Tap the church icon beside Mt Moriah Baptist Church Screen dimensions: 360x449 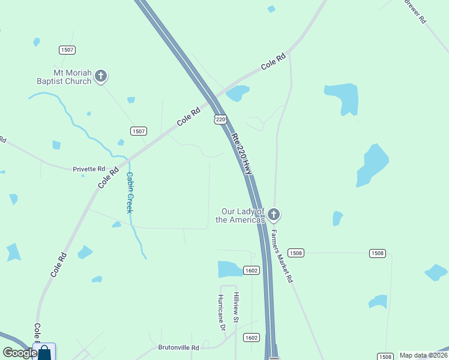101,76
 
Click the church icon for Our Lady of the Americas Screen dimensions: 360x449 274,214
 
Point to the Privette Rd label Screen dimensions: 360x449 89,169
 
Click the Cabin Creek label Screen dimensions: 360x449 129,193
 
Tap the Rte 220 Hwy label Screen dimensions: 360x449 242,154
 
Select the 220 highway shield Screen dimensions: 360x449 220,119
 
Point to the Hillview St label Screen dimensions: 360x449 237,304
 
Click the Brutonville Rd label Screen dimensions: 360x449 178,347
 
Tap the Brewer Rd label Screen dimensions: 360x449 415,11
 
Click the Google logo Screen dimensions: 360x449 20,353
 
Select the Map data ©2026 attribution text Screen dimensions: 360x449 423,355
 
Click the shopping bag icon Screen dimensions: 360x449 44,352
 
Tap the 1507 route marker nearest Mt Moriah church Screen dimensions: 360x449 67,49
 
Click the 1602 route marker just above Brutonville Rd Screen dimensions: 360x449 252,338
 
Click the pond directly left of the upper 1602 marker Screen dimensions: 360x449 229,269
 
